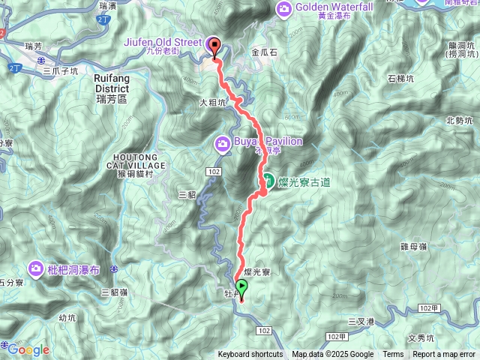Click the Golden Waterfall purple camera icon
coord(285,9)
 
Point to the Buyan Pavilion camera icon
coord(223,142)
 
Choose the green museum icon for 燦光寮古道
coord(268,181)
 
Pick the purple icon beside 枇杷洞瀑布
coord(36,268)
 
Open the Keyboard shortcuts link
coord(250,355)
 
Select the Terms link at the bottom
coord(393,355)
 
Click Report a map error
coord(445,355)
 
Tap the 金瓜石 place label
coord(264,53)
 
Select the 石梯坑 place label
coord(401,77)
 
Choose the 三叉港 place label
coord(361,322)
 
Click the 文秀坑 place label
coord(421,337)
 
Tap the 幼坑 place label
coord(67,317)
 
